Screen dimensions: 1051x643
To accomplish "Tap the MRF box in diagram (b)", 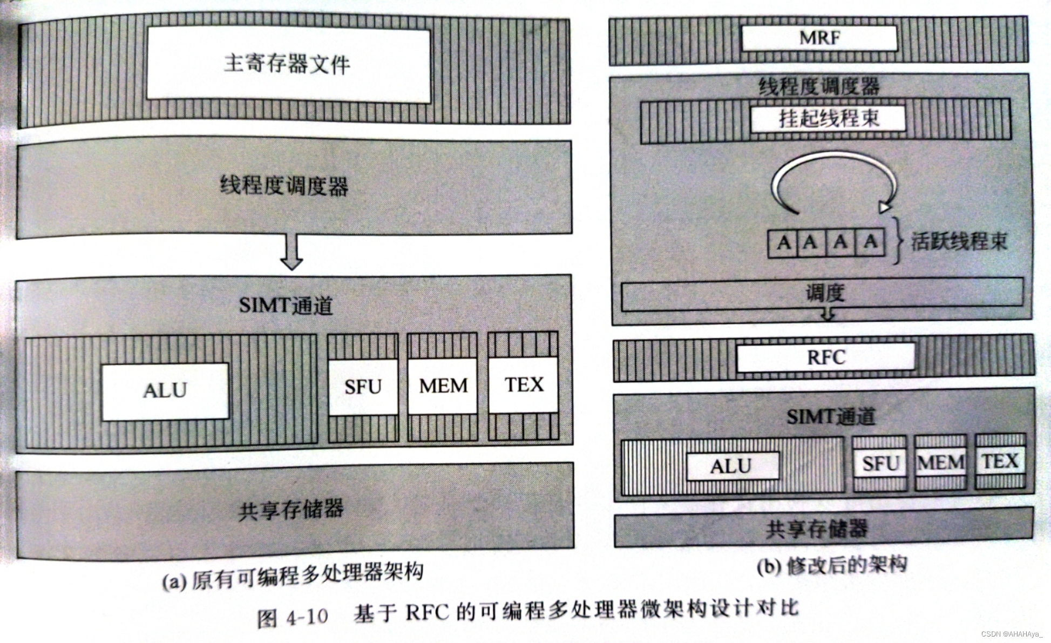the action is point(819,38).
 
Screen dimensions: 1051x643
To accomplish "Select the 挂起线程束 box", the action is point(828,118).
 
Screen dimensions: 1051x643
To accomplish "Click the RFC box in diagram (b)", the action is point(826,357).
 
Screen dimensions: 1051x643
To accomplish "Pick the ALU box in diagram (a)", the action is point(165,391).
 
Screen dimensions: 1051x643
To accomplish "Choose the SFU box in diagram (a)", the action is point(363,387).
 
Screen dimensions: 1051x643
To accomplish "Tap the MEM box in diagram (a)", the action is point(443,385).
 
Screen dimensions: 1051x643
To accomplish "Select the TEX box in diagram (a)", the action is point(523,385).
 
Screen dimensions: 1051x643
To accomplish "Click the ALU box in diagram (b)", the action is point(732,466).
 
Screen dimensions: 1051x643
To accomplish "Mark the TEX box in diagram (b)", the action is point(1000,462).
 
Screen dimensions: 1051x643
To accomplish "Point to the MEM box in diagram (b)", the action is point(940,463).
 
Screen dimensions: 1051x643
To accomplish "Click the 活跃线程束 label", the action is point(959,241).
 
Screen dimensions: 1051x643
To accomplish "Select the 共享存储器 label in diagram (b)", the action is point(816,529).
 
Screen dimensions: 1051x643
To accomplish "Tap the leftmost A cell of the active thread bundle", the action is point(783,242).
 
